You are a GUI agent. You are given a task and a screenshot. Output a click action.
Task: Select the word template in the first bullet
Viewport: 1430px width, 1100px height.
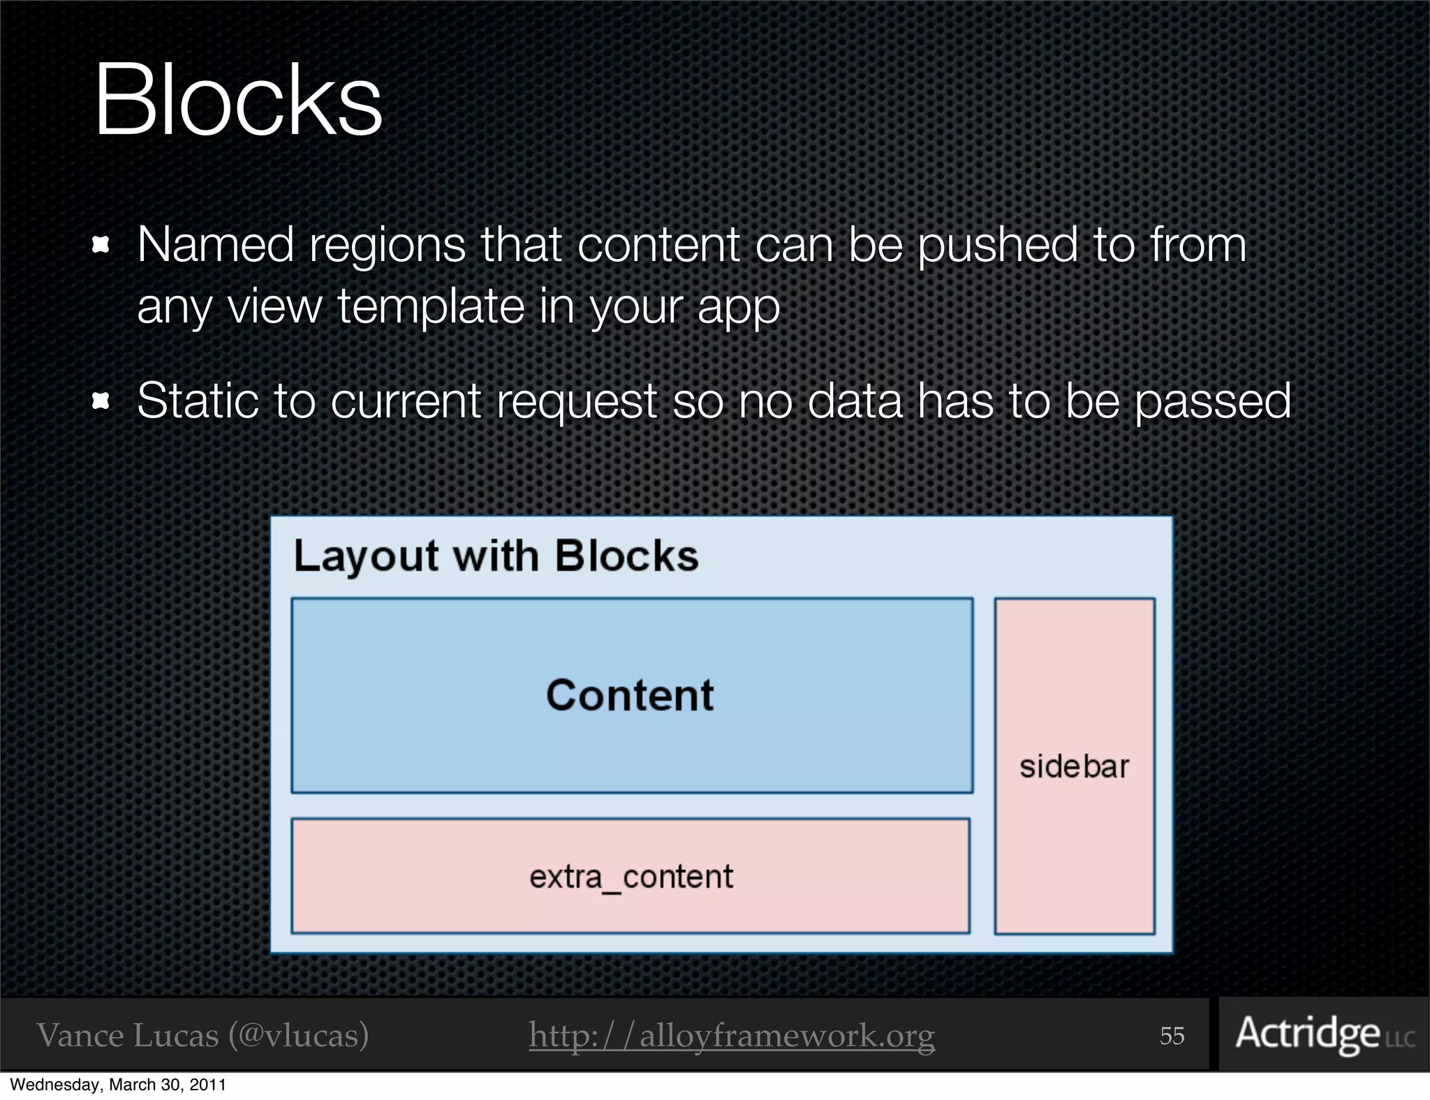pos(431,306)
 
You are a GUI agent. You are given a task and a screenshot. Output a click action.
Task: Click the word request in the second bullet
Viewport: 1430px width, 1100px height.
pos(577,402)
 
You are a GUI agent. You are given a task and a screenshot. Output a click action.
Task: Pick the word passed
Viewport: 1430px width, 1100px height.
pos(1214,402)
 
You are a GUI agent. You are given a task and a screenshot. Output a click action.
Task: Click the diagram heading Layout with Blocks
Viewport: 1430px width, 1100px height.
pos(496,556)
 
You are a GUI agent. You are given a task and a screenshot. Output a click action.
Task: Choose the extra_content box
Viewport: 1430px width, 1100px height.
pos(631,876)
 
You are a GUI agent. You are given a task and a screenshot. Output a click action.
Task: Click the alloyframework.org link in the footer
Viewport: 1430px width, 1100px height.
pos(731,1035)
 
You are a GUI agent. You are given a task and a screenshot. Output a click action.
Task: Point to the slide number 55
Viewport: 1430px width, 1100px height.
pos(1172,1036)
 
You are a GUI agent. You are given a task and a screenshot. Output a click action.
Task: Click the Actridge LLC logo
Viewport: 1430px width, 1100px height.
pos(1324,1034)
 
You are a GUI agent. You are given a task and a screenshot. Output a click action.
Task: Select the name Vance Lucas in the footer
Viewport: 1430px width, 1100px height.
pos(128,1035)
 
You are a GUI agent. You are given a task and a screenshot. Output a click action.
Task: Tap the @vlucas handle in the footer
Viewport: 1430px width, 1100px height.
pos(299,1035)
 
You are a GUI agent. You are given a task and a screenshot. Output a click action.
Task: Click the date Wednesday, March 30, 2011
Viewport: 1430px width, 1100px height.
pos(117,1085)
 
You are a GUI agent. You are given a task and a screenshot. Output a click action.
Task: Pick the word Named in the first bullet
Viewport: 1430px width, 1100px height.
pos(215,245)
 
